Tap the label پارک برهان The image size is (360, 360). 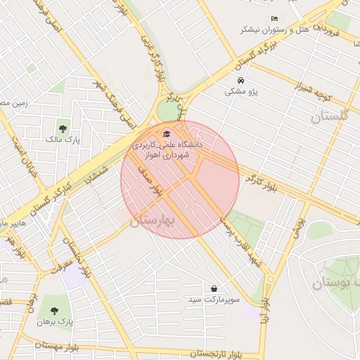pyautogui.click(x=56, y=322)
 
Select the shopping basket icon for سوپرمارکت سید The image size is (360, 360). pyautogui.click(x=214, y=288)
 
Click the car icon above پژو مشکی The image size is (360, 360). pyautogui.click(x=238, y=80)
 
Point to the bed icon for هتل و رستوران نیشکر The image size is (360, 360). pyautogui.click(x=274, y=18)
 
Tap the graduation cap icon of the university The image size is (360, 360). pyautogui.click(x=166, y=134)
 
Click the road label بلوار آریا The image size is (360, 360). pyautogui.click(x=264, y=309)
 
